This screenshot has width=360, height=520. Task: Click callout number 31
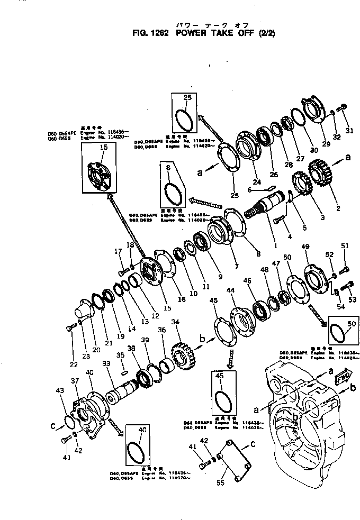click(348, 131)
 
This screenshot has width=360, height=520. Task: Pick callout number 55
click(220, 483)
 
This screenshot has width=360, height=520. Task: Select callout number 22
click(73, 364)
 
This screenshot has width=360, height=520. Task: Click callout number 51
click(345, 245)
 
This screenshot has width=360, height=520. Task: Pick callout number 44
click(231, 291)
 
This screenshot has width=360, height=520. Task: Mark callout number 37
click(75, 381)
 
